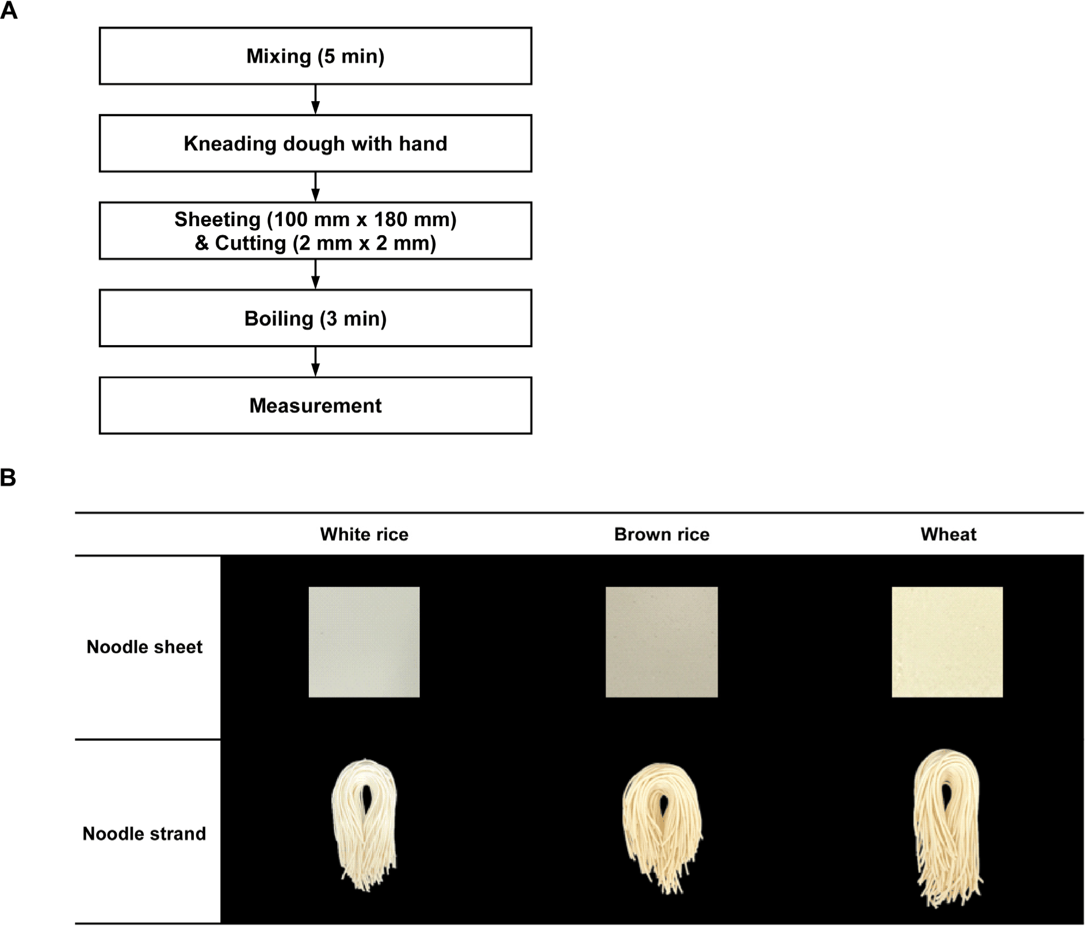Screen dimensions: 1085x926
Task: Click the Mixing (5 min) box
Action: point(315,56)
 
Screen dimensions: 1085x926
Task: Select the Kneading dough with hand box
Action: point(315,143)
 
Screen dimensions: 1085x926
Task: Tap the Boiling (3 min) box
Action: point(315,318)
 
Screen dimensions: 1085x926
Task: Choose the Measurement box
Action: point(315,405)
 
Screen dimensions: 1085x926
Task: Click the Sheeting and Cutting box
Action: point(315,231)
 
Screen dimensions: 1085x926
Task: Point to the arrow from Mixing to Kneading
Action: point(315,100)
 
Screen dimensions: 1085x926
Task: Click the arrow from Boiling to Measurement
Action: point(315,362)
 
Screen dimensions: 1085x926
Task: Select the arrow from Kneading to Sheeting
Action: point(315,187)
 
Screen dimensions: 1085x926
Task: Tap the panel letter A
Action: point(9,11)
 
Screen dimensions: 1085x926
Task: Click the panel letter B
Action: point(8,477)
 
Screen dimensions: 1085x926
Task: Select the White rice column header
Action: point(364,534)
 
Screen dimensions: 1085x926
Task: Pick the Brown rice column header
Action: point(662,534)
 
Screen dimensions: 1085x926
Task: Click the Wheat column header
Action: point(948,534)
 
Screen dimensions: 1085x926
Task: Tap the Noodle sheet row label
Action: point(144,647)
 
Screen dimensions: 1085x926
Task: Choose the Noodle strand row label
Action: point(144,833)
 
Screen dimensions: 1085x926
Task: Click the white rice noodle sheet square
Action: point(364,642)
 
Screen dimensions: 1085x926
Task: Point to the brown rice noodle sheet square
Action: point(662,642)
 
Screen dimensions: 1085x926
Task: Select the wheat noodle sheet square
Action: point(947,642)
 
